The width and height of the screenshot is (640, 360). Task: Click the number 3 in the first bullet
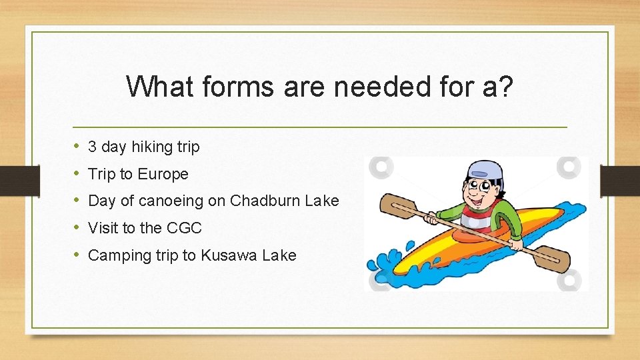93,147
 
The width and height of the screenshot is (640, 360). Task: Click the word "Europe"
163,174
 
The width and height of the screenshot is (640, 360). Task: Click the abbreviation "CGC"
184,228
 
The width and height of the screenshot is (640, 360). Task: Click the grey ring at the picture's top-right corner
568,167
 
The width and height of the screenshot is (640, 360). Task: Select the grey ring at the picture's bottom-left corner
379,280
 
